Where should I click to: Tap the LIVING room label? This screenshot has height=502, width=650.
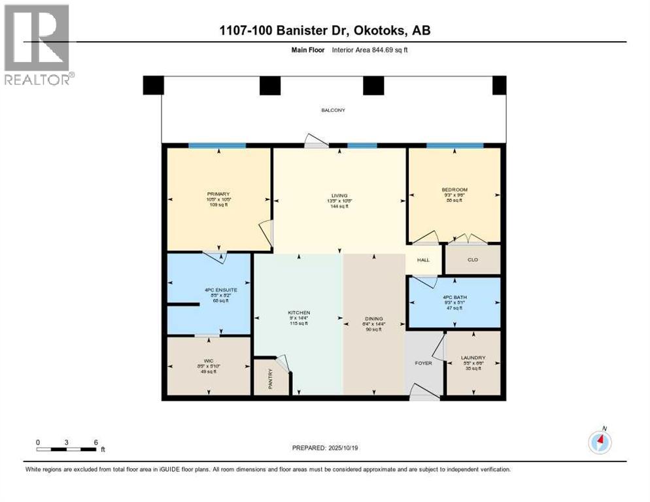[338, 194]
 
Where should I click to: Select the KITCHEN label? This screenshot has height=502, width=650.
[298, 313]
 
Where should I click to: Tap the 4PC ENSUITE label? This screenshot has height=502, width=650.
[210, 290]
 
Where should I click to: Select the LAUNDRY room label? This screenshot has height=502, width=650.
[473, 358]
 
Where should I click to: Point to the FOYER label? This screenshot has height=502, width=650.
[424, 363]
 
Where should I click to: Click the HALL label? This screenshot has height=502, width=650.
[424, 260]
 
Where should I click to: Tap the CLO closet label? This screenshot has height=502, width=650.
[473, 260]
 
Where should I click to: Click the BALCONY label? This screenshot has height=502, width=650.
[333, 110]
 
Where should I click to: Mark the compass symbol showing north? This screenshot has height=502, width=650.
[600, 442]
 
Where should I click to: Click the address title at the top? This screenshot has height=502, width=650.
[325, 31]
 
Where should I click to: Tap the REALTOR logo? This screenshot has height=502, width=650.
[38, 44]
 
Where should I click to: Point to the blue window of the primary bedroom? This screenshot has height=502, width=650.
[217, 145]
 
